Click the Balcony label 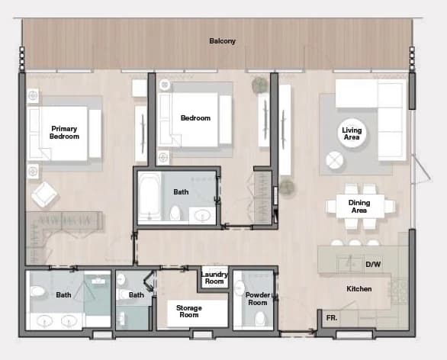223,41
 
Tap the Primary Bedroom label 64,133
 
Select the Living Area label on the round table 352,133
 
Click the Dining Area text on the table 359,207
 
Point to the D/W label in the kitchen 373,264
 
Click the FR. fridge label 332,317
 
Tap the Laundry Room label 214,278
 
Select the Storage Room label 188,311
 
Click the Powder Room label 257,298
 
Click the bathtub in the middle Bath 150,196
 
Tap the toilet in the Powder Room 259,318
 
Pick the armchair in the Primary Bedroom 44,194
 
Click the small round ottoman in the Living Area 334,160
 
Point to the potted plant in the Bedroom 260,85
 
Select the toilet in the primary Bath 38,291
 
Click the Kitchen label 359,289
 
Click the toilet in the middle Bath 175,213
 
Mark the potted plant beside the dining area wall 287,187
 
